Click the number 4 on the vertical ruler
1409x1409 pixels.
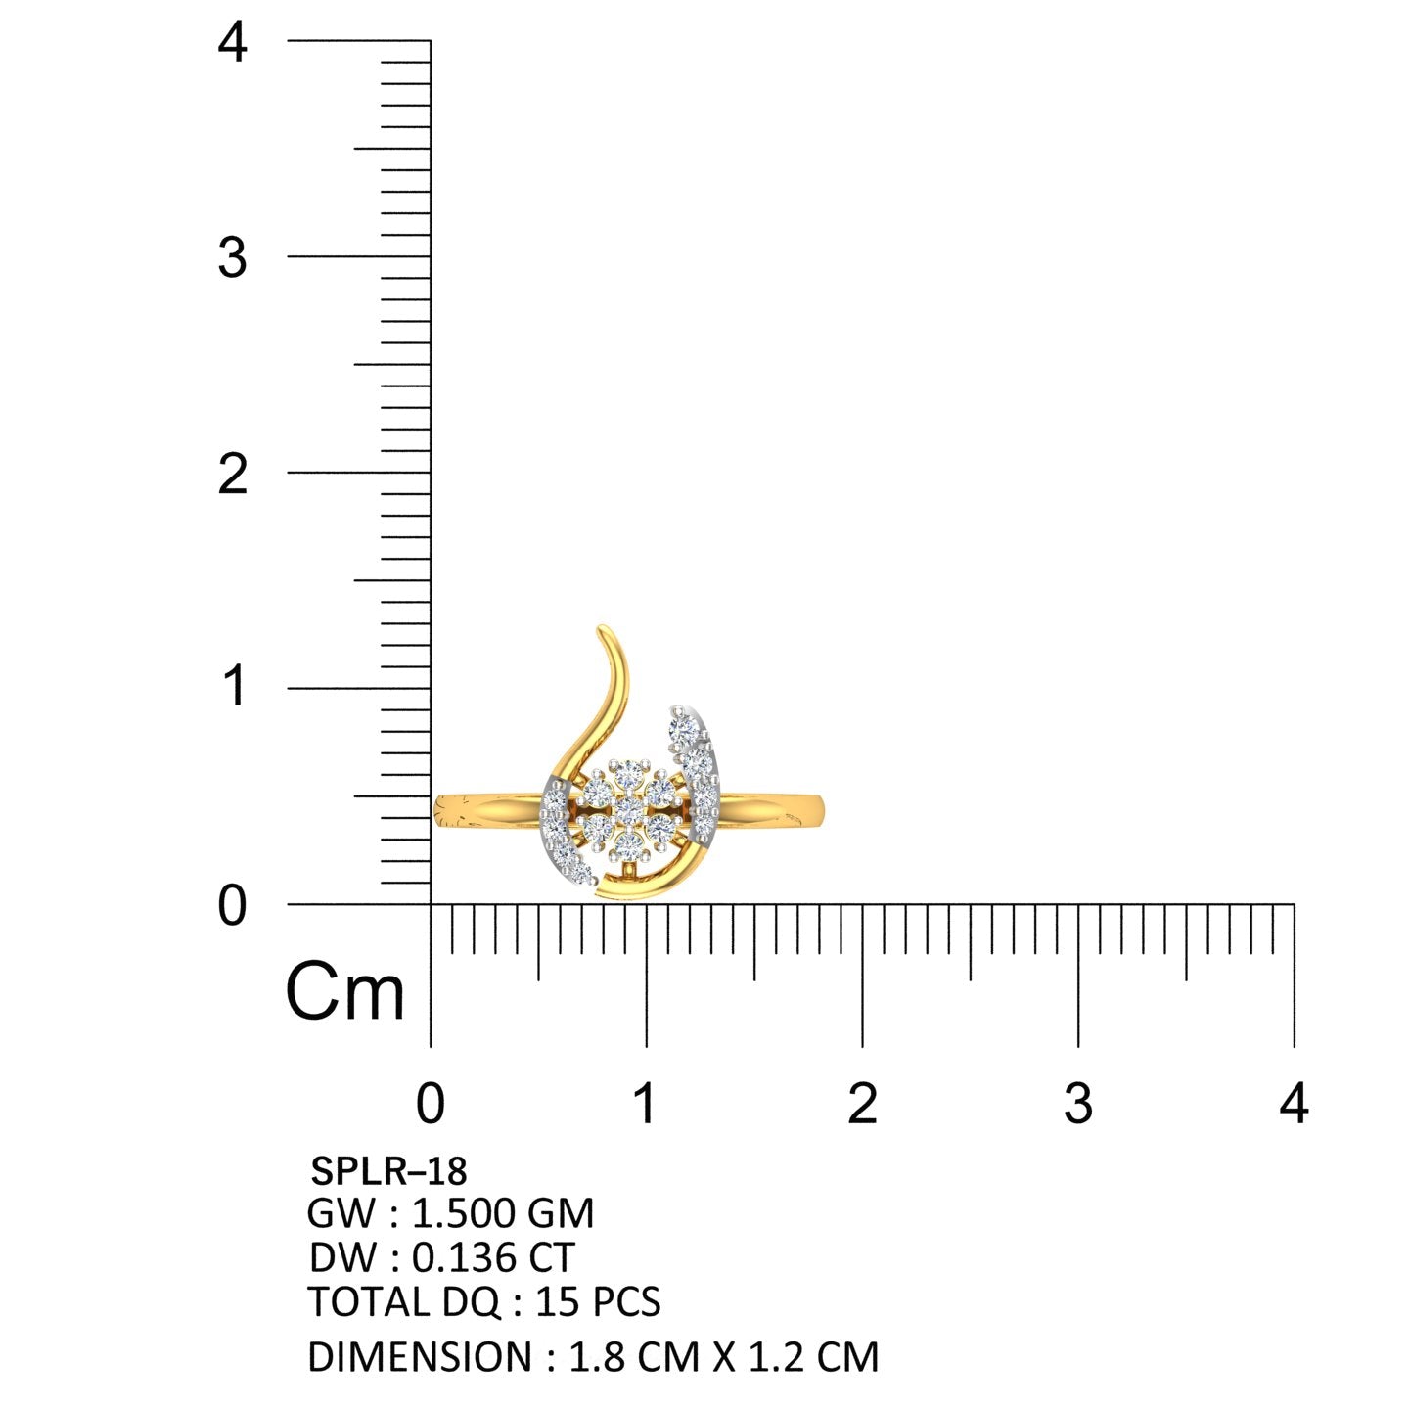point(233,42)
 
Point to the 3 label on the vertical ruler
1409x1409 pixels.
point(233,258)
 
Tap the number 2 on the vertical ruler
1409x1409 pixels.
point(233,475)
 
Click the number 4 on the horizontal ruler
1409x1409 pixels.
point(1294,1104)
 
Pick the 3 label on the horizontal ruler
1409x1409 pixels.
point(1077,1104)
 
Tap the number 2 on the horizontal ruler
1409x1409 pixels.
point(862,1104)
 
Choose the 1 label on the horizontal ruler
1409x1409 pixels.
point(645,1104)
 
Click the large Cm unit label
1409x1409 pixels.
point(344,992)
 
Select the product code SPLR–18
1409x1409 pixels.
point(388,1171)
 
